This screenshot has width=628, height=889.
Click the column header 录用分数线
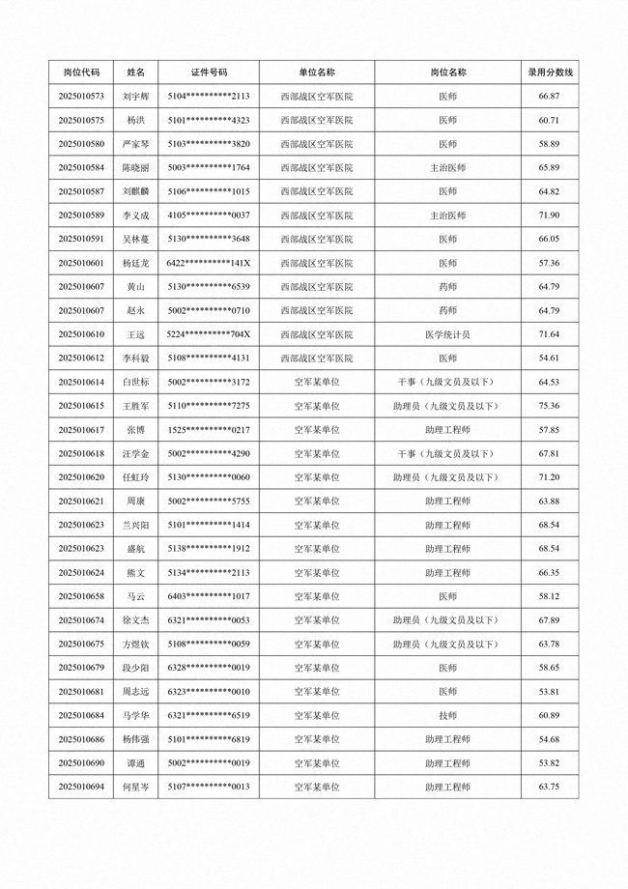click(x=549, y=72)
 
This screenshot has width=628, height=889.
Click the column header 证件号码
click(x=209, y=72)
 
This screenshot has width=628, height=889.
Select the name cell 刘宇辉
click(x=136, y=97)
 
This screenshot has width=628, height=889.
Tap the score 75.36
click(x=549, y=406)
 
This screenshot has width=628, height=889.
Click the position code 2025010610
click(x=81, y=334)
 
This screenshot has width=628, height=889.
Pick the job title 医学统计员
click(x=447, y=334)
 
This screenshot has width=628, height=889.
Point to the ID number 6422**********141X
click(x=209, y=263)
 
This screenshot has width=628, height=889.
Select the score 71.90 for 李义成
click(x=549, y=215)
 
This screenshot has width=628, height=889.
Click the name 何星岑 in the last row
click(x=136, y=787)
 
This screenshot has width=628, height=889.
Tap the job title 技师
click(x=447, y=715)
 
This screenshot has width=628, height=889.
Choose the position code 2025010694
click(x=81, y=787)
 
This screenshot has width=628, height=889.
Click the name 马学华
click(x=136, y=715)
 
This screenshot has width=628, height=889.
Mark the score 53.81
click(x=549, y=692)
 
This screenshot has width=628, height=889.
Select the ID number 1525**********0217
click(x=209, y=430)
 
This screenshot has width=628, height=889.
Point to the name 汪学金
click(x=136, y=453)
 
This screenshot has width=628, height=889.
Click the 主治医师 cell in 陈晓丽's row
click(x=447, y=168)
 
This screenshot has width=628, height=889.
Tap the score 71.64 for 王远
click(x=549, y=334)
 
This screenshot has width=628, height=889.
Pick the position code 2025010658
click(x=81, y=596)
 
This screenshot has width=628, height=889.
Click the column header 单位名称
click(x=317, y=72)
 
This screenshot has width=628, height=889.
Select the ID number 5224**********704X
click(x=209, y=334)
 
